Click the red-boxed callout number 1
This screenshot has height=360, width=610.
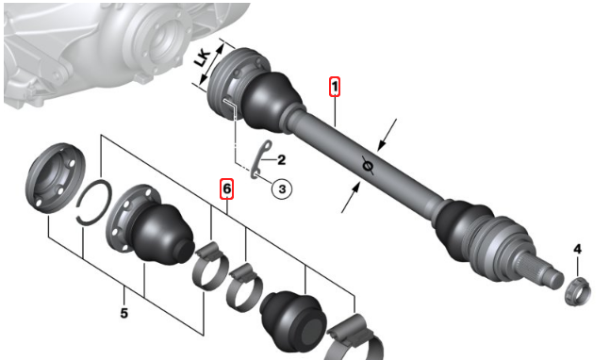334,87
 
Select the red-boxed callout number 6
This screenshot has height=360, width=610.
226,188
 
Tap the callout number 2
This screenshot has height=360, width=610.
281,160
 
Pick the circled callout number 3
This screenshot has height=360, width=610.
282,188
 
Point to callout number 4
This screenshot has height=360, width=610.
577,249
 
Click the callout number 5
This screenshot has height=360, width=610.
124,313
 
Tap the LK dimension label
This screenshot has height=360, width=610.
203,58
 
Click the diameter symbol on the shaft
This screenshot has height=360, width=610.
367,166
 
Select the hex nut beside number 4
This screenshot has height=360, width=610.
577,292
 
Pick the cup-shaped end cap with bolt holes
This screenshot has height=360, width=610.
55,178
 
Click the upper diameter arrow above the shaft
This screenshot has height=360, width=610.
387,135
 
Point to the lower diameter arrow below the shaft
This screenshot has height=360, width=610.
351,197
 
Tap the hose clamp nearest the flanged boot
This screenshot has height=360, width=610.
211,266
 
